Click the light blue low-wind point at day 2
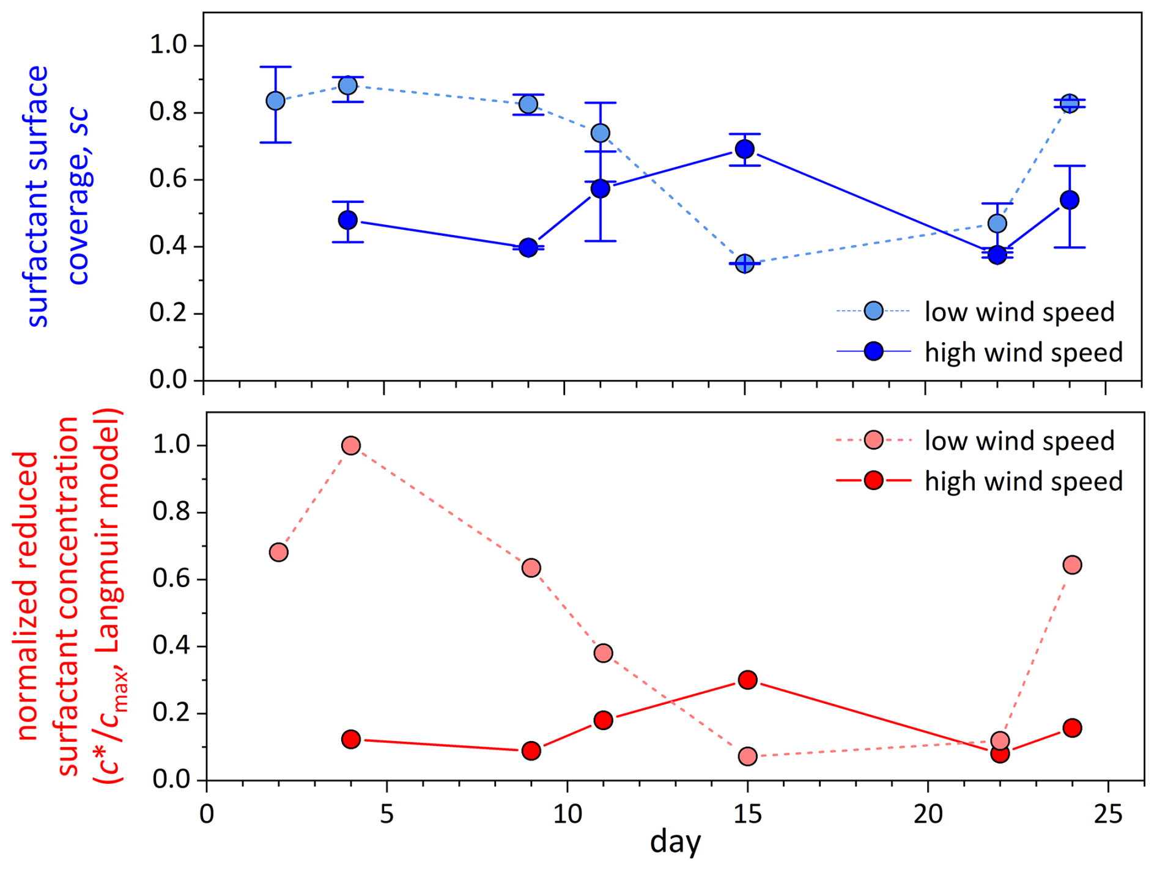tap(276, 101)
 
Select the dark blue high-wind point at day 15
tap(744, 149)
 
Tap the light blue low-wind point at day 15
tap(744, 264)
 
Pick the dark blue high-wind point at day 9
tap(528, 248)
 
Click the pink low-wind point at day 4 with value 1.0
tap(351, 445)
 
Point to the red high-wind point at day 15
tap(747, 679)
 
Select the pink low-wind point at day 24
tap(1072, 565)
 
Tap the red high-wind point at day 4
tap(351, 739)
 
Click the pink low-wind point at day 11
tap(603, 653)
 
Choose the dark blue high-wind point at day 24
tap(1070, 200)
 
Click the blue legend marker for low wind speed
tap(874, 311)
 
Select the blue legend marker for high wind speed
tap(874, 351)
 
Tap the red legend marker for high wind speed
tap(874, 481)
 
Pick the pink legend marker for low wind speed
tap(874, 440)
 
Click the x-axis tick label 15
tap(747, 814)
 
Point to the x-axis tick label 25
tap(1108, 814)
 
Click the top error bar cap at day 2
tap(276, 67)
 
